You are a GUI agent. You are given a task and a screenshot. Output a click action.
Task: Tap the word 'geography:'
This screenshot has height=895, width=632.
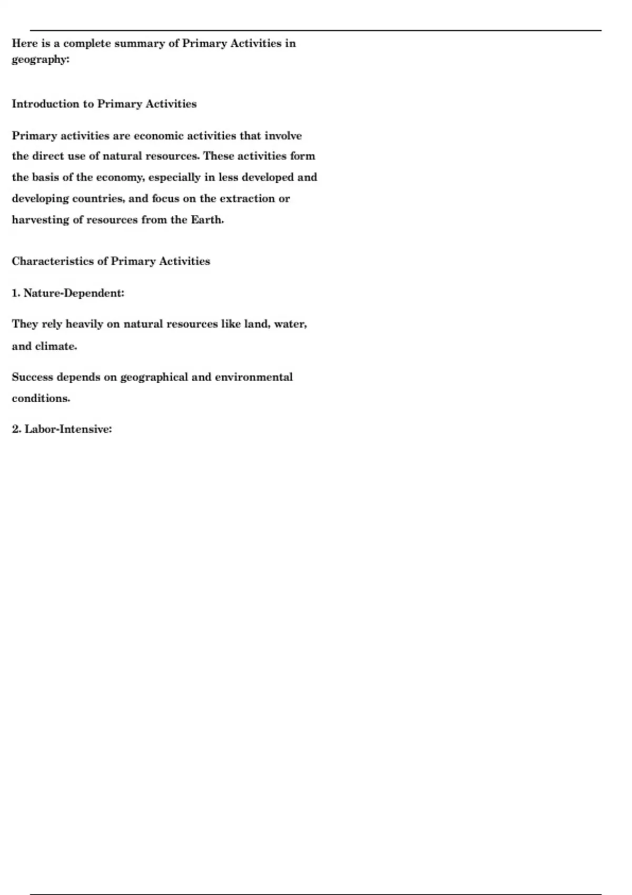pyautogui.click(x=41, y=59)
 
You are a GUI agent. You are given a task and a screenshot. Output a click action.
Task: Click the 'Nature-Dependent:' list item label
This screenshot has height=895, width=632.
pyautogui.click(x=74, y=293)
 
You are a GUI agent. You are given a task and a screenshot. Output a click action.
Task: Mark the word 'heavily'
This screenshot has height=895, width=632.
pyautogui.click(x=84, y=324)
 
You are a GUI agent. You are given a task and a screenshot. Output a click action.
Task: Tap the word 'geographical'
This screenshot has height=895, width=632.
pyautogui.click(x=154, y=377)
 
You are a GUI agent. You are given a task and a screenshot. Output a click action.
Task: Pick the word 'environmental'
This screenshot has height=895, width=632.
pyautogui.click(x=254, y=377)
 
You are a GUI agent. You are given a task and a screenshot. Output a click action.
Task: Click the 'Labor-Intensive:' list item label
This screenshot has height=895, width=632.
pyautogui.click(x=68, y=430)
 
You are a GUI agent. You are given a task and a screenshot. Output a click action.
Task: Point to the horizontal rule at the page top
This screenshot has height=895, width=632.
pyautogui.click(x=316, y=31)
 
